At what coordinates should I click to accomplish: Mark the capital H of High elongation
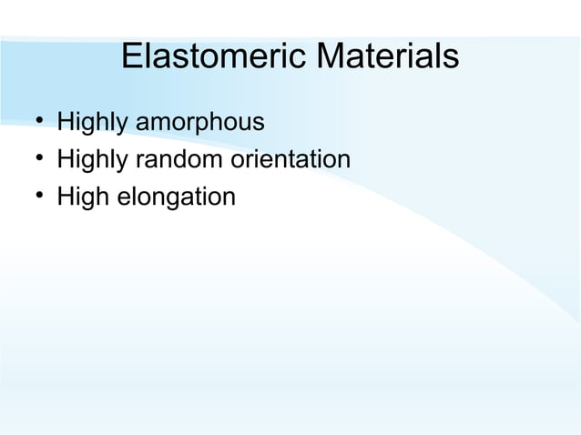coord(64,196)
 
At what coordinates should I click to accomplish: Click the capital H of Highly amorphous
coord(64,121)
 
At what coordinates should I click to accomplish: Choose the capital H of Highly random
coord(64,159)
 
